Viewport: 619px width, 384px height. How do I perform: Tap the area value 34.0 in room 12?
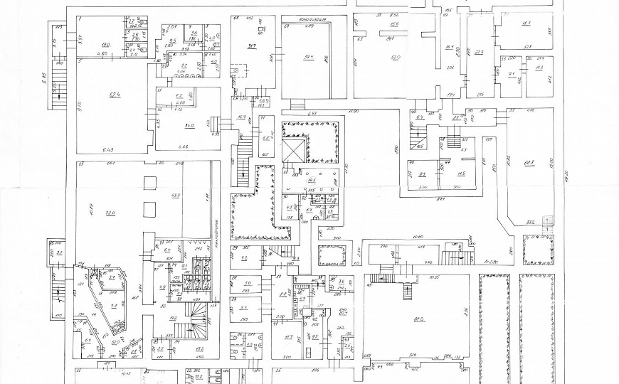[169, 126]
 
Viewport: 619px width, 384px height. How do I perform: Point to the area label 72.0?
[110, 213]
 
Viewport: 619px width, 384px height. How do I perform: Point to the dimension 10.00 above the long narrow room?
[417, 238]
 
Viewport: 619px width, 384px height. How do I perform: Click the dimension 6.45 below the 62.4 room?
[108, 149]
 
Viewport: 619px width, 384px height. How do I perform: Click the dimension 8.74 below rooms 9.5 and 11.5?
[440, 198]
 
